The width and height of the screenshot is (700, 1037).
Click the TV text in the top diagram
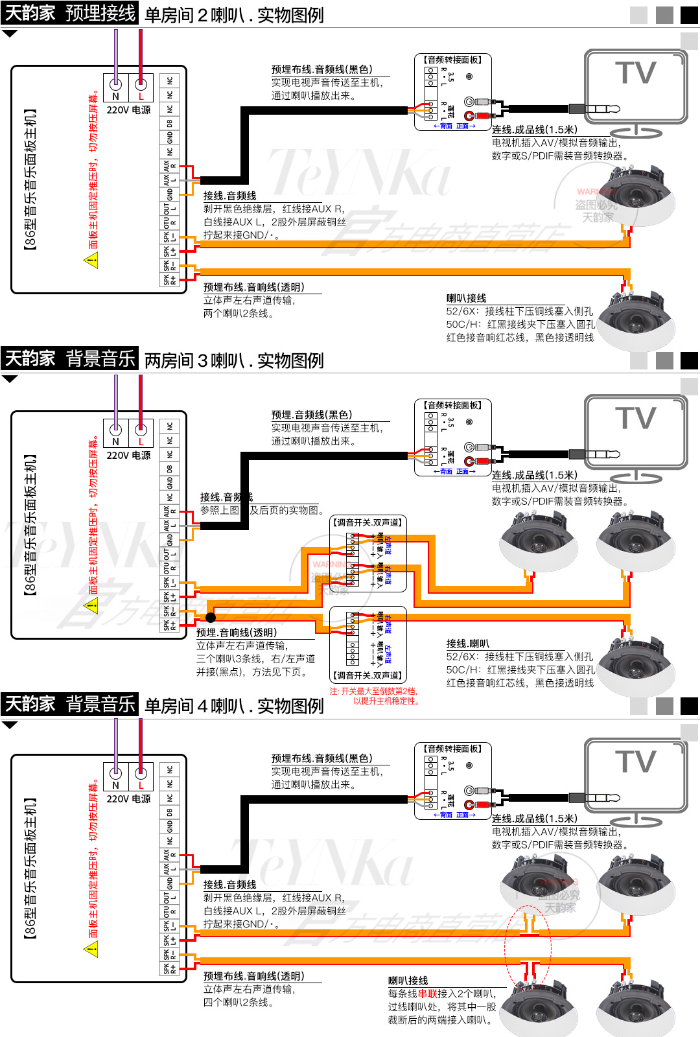[635, 73]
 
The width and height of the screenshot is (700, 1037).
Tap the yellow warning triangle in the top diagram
[91, 261]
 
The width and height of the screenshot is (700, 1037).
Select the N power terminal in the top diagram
[116, 84]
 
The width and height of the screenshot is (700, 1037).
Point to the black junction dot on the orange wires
[211, 617]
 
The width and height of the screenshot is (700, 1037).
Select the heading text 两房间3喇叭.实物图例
[234, 360]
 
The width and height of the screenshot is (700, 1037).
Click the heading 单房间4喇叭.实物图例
[234, 706]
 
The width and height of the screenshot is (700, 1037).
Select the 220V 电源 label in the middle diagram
[128, 456]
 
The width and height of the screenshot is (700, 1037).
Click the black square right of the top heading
[689, 15]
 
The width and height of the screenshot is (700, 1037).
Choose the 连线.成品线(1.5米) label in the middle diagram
[534, 475]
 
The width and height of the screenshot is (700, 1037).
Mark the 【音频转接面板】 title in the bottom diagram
[453, 749]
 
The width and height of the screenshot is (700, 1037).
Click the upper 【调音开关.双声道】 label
[367, 522]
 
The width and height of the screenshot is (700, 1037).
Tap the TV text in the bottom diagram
[635, 762]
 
